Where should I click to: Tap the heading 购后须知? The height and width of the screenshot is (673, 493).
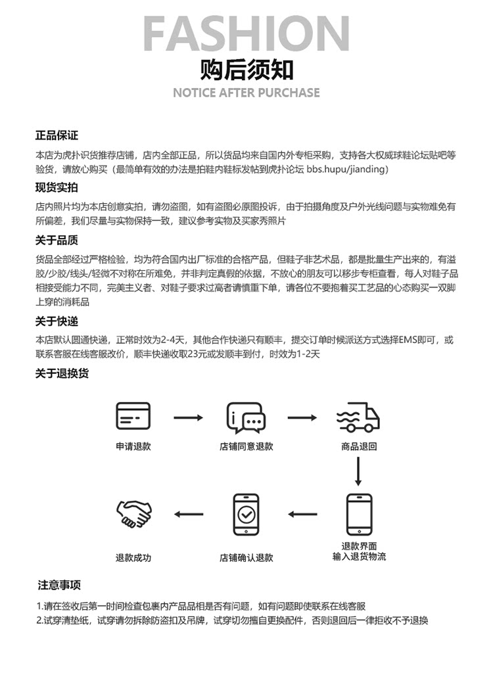coord(246,69)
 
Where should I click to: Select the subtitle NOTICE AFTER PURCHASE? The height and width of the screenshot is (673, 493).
coord(246,93)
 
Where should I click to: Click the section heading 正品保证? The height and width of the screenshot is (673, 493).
coord(57,135)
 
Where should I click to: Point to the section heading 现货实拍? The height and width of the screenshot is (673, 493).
coord(57,187)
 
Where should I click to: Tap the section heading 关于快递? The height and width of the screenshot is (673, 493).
coord(57,321)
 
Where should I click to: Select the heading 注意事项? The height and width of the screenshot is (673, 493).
coord(59,584)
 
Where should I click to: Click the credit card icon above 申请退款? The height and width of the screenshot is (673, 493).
coord(133,416)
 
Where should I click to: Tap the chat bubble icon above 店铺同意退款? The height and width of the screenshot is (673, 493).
coord(246,417)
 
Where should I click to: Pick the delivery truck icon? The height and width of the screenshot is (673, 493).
coord(358,417)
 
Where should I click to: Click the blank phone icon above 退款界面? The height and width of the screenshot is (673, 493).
coord(359,514)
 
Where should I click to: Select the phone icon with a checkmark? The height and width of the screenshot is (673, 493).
coord(246,514)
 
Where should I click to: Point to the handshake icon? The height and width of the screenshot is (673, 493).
coord(133,514)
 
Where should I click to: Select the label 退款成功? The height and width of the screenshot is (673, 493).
coord(133,557)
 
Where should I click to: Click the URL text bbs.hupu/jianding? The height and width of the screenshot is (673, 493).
coord(348,170)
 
